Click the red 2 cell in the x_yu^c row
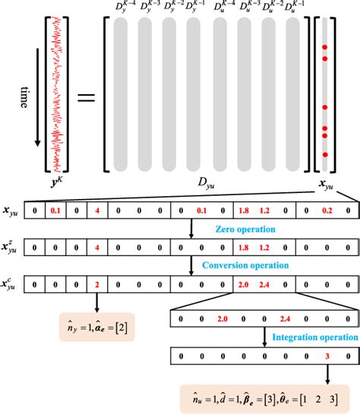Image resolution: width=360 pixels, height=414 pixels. [x=96, y=284]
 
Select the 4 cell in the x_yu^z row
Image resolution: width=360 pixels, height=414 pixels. [x=96, y=247]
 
